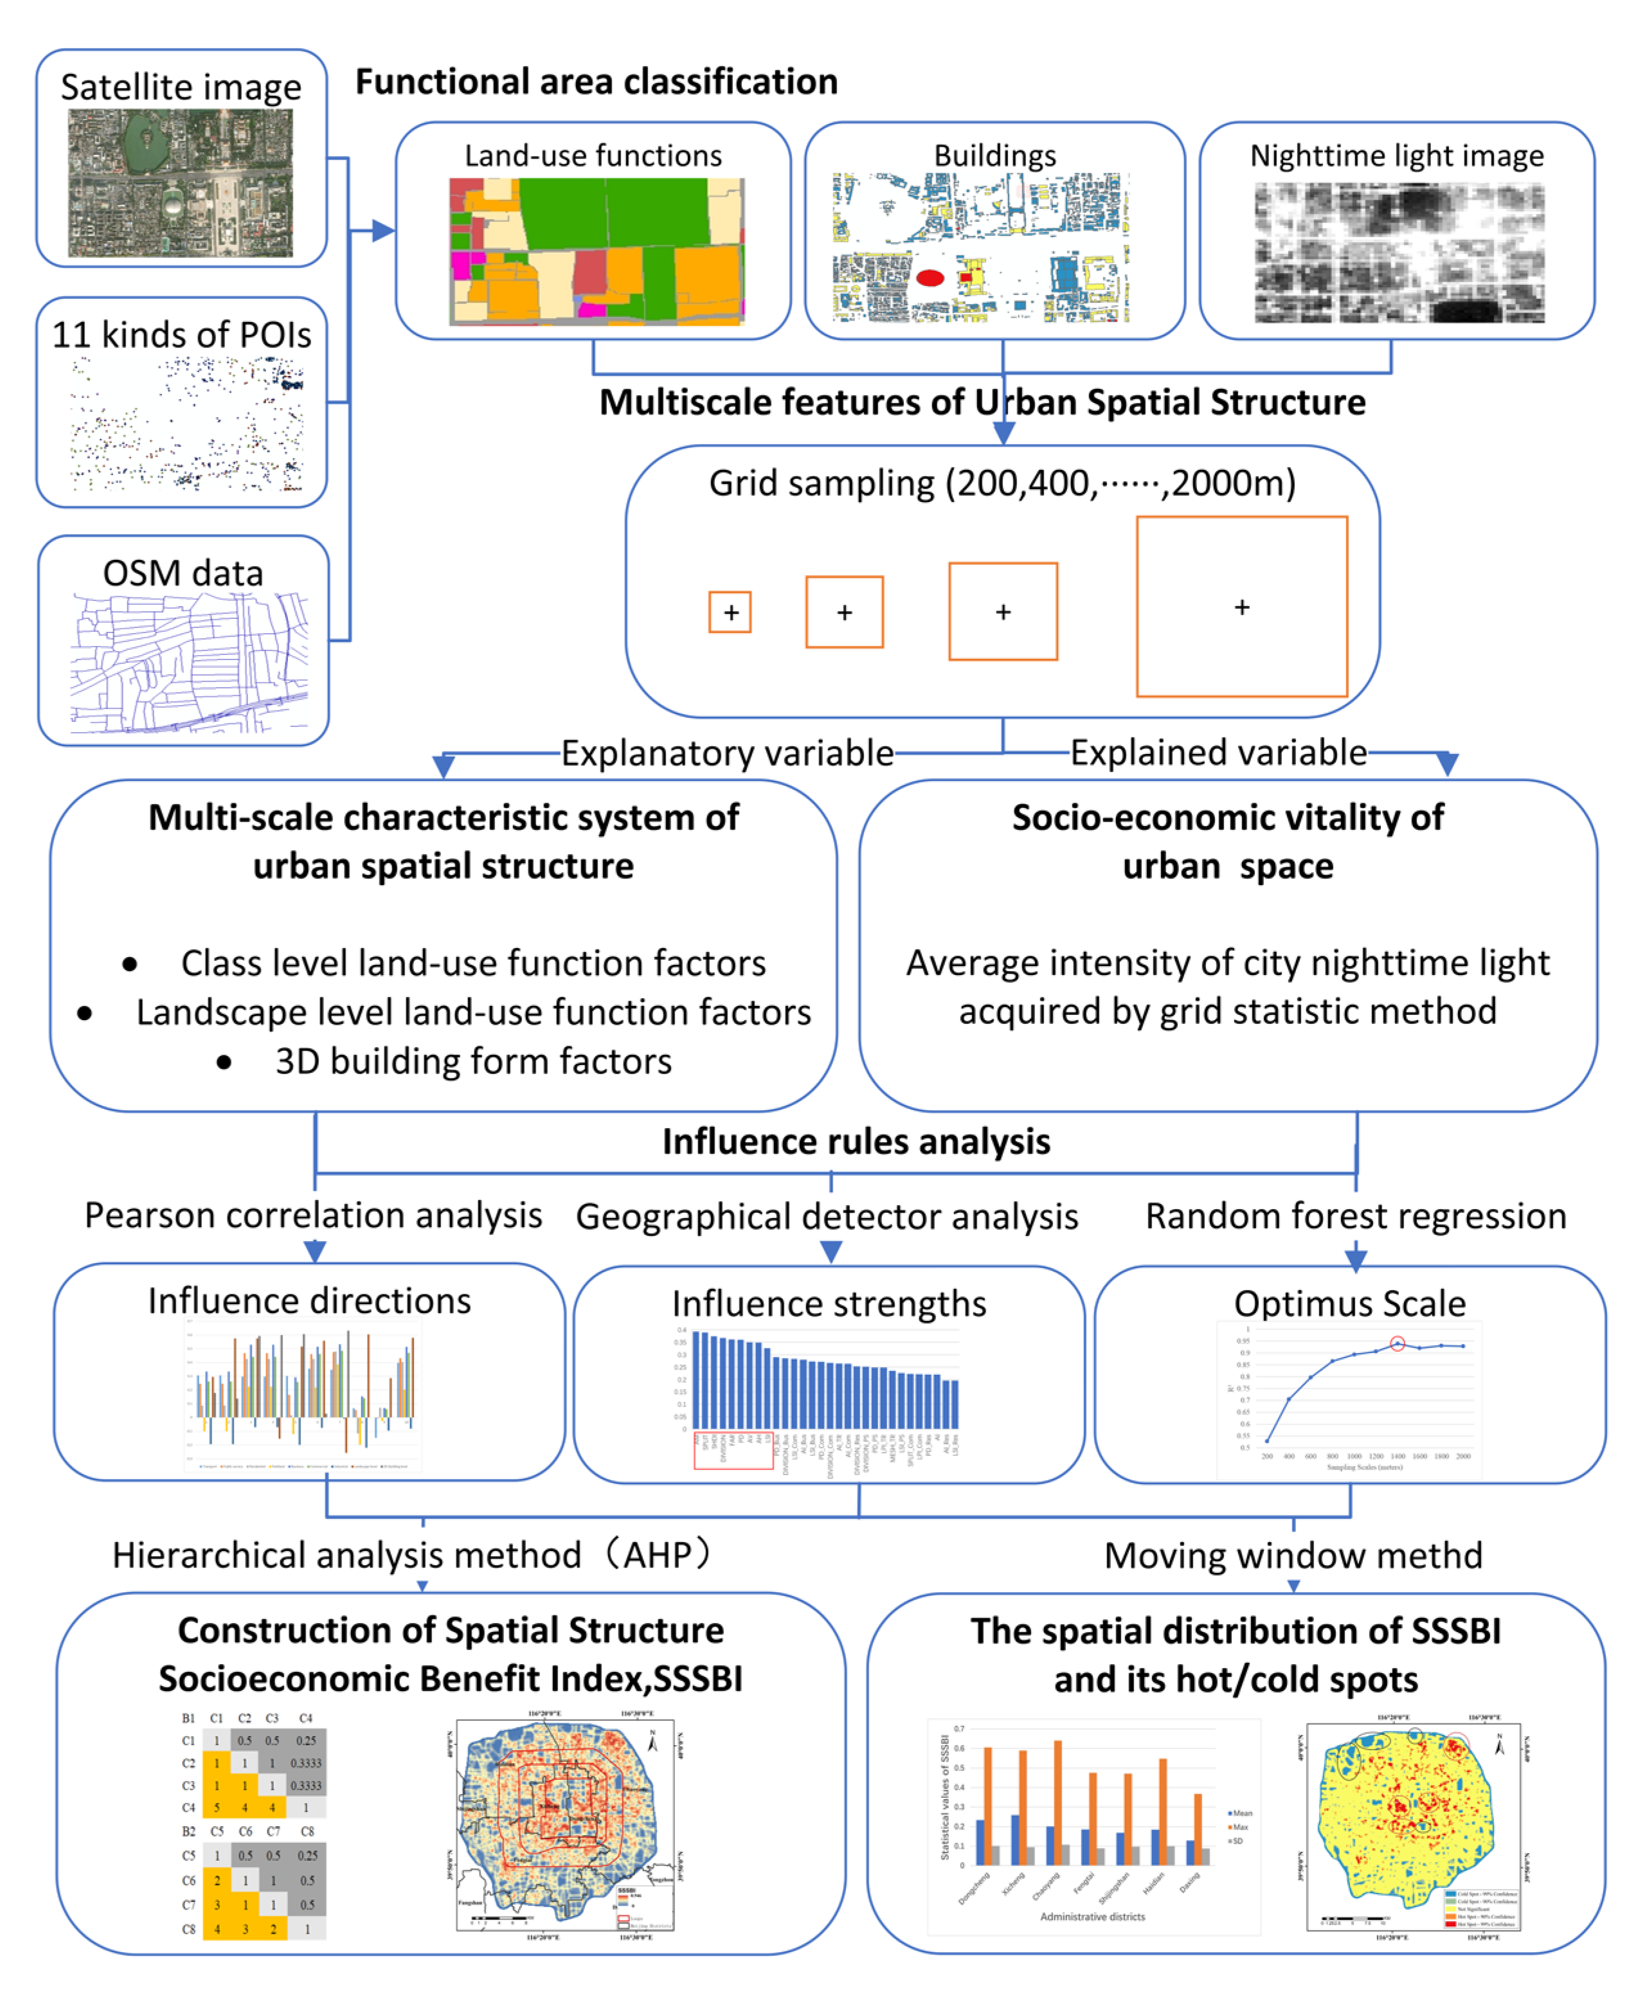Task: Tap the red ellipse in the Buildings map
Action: coord(930,277)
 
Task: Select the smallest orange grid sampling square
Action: coord(730,613)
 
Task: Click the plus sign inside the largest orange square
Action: coord(1242,607)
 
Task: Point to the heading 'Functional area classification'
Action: coord(597,82)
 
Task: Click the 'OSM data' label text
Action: coord(183,573)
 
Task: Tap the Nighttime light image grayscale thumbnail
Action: coord(1398,253)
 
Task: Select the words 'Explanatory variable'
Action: coord(728,753)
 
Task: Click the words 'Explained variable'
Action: coord(1218,753)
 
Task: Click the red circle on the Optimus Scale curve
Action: coord(1398,1343)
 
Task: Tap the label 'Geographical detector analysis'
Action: coord(827,1217)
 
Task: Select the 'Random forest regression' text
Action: coord(1355,1216)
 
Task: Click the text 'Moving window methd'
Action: coord(1293,1555)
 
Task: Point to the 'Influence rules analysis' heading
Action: coord(856,1142)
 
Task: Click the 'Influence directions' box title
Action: coord(309,1301)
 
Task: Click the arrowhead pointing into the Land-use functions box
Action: coord(383,230)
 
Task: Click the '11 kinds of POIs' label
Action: coord(181,335)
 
